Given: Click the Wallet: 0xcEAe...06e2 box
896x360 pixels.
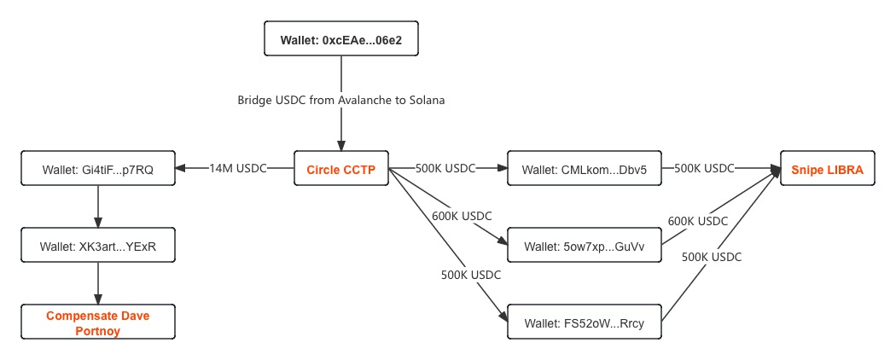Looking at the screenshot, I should [340, 40].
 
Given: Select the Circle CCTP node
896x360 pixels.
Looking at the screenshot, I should [340, 170].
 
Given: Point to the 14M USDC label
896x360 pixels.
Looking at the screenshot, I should [238, 169].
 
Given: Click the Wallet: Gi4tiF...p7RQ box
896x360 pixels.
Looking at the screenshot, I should [97, 170].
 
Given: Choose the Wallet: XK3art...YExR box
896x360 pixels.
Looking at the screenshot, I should [97, 247].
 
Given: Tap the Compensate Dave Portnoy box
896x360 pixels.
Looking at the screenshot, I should [97, 323].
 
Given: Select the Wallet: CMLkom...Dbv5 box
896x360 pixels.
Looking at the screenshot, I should [584, 170].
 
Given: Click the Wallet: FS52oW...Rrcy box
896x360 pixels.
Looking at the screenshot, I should [584, 323].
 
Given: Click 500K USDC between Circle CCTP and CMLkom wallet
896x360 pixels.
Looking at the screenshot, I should [445, 169].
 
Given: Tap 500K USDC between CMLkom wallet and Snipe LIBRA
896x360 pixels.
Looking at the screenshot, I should [704, 169].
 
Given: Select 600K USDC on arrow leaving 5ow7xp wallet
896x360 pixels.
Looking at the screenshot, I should [697, 221].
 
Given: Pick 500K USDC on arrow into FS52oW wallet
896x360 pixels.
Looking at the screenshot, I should [471, 275].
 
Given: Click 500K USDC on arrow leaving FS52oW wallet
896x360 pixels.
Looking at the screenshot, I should [712, 256].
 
